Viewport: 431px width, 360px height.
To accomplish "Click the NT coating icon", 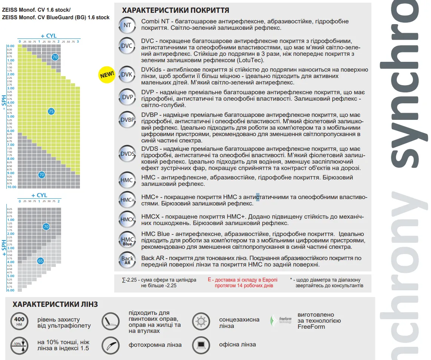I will click(x=127, y=25).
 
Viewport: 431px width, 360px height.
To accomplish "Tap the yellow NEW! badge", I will click(x=107, y=74).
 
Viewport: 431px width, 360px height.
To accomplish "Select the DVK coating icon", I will click(x=127, y=75).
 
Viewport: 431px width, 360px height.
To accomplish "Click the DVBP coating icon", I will click(x=127, y=120).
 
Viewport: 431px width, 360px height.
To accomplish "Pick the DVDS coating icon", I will click(x=127, y=153).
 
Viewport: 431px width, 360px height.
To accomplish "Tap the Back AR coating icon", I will click(x=127, y=260).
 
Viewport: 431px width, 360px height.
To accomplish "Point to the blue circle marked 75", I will click(x=51, y=111).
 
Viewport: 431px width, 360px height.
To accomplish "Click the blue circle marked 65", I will click(x=41, y=260).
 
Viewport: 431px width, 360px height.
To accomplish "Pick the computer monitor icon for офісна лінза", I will click(x=201, y=344).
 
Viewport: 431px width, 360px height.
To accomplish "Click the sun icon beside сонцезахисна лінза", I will click(x=201, y=321).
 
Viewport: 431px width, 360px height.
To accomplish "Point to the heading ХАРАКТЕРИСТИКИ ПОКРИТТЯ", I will click(x=175, y=10).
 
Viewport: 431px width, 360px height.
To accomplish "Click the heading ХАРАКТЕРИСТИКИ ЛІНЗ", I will click(x=55, y=304).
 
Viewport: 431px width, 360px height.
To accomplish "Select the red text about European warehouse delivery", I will click(x=242, y=283).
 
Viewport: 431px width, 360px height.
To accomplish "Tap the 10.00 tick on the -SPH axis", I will click(x=11, y=187).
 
